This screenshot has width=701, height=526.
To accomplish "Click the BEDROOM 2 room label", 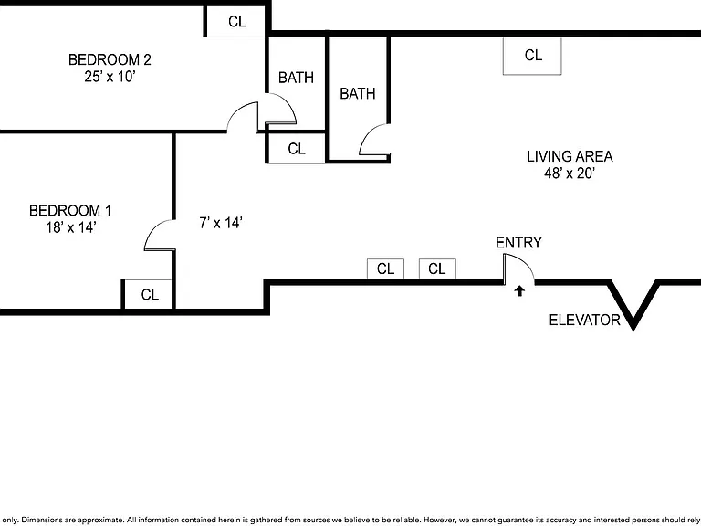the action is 110,59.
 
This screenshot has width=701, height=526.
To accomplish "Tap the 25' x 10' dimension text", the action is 110,77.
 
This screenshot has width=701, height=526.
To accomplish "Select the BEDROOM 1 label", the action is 70,210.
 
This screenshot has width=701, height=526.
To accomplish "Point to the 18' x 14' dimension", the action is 70,227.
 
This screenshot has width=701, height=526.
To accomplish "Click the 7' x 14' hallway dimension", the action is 221,222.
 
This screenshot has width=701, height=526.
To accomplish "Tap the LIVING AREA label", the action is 570,156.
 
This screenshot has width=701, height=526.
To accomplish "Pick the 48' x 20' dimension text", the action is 570,174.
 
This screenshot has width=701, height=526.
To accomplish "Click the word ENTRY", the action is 518,242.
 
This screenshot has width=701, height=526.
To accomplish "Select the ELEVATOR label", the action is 584,320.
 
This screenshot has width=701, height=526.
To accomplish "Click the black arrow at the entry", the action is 519,291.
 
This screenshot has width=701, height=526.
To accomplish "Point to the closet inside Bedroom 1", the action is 148,294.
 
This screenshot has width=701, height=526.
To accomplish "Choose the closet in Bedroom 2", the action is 235,21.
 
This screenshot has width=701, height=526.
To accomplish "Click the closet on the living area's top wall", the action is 532,56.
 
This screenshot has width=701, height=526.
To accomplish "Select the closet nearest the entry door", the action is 437,268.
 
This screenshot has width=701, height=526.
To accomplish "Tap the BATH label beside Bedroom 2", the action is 296,78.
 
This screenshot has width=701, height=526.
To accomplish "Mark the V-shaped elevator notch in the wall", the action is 633,305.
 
